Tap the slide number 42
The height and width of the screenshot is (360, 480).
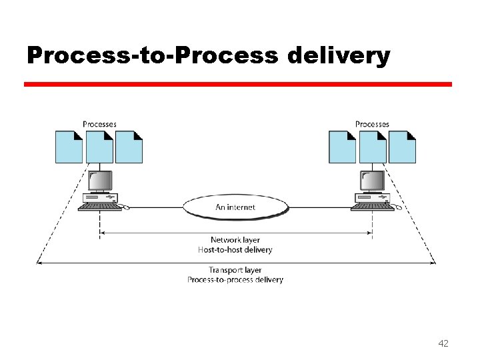(x=443, y=343)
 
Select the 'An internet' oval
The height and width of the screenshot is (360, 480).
(x=235, y=207)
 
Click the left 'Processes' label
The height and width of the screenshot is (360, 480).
(x=99, y=124)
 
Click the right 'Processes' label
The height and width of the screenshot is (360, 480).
(x=372, y=124)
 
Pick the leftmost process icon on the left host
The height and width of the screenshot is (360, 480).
(x=69, y=147)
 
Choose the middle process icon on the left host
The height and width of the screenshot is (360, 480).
(x=99, y=147)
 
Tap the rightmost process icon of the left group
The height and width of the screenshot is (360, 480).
(x=129, y=147)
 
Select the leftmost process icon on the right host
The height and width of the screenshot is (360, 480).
(x=342, y=147)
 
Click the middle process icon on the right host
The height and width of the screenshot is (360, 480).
(x=373, y=147)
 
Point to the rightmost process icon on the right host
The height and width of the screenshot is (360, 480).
(x=403, y=147)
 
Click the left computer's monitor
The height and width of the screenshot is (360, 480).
(x=100, y=181)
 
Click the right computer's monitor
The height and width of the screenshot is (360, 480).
(x=372, y=181)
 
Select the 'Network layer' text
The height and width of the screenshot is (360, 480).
(x=235, y=240)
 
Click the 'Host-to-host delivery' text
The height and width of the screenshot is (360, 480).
(x=235, y=250)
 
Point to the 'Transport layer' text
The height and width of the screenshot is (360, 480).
(x=235, y=270)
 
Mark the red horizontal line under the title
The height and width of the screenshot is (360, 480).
(x=238, y=85)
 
